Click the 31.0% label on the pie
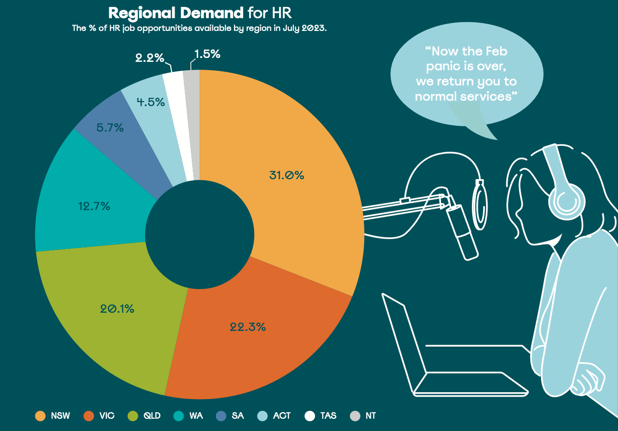click(286, 175)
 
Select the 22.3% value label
click(248, 326)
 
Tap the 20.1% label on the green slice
click(117, 309)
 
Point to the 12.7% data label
click(94, 206)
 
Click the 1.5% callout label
click(207, 54)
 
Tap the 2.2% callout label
click(150, 57)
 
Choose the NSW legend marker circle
click(40, 416)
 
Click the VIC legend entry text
click(106, 416)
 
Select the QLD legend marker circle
click(132, 416)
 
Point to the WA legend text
click(196, 416)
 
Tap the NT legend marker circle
click(355, 416)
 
